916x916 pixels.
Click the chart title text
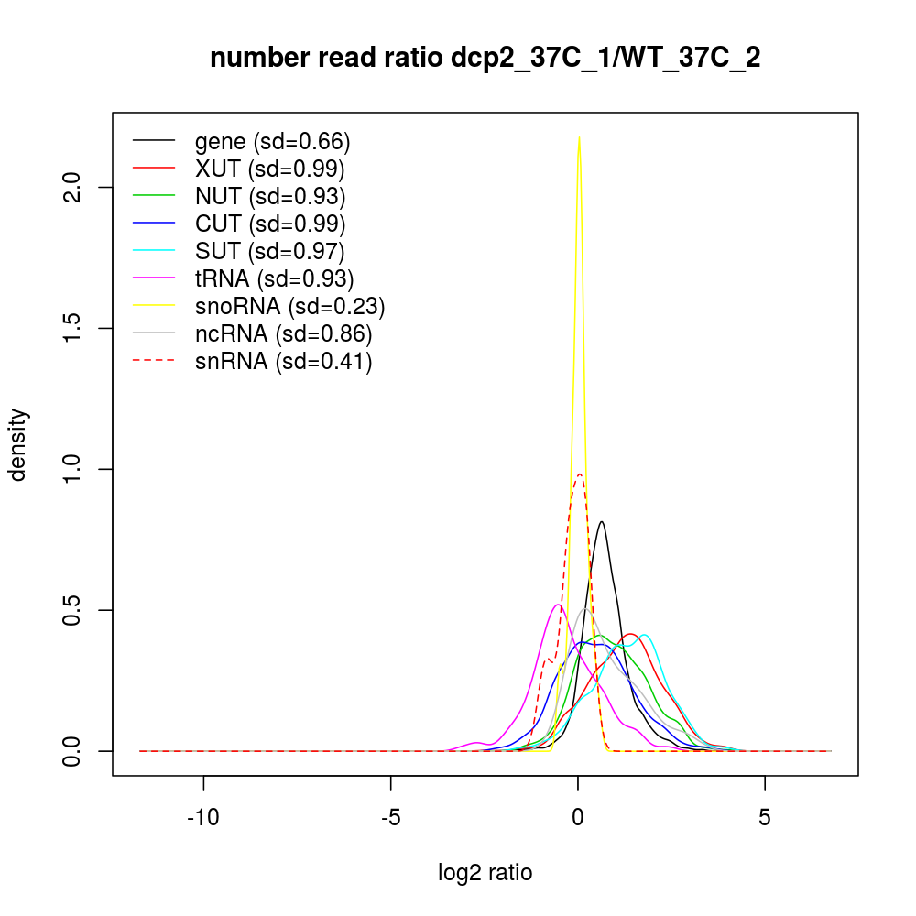point(485,58)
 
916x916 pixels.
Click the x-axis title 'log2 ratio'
point(485,872)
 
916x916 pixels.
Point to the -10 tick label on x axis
point(203,818)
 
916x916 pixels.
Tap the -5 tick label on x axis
point(391,818)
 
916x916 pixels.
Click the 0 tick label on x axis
point(578,818)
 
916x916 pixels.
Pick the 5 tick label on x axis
point(765,818)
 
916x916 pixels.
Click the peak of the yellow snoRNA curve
point(579,136)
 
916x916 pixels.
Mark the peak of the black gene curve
point(601,522)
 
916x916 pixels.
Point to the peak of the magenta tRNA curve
point(558,605)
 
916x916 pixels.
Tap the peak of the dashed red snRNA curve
point(580,474)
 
